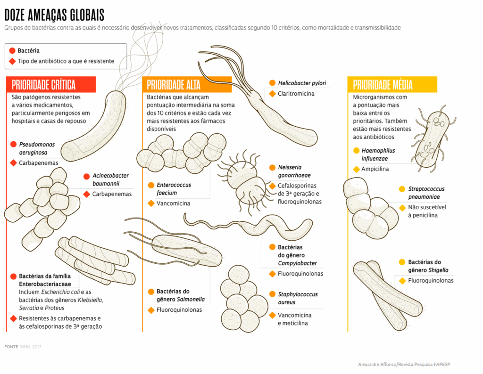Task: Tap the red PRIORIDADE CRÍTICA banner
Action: point(50,85)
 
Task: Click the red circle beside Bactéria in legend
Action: point(12,51)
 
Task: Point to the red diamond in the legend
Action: point(12,61)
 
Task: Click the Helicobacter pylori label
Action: point(302,83)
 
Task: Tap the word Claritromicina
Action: point(296,94)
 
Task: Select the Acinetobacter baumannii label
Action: point(110,179)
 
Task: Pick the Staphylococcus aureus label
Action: point(298,298)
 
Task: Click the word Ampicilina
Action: point(375,169)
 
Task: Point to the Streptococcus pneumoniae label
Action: point(426,193)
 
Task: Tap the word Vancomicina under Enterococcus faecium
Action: point(173,203)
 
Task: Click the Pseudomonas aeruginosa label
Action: point(37,148)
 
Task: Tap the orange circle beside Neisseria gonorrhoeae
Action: point(272,167)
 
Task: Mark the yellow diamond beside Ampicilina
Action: point(356,169)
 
